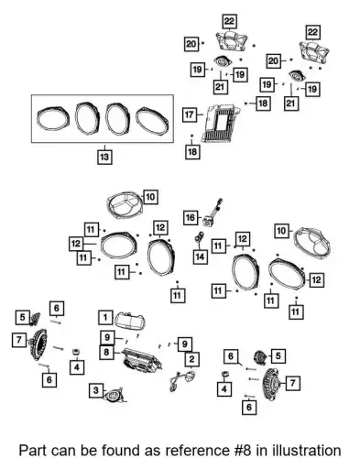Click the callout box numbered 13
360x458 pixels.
(x=104, y=157)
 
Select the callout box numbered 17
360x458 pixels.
(x=190, y=114)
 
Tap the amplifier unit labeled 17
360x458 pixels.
(x=219, y=123)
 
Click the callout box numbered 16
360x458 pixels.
(x=191, y=218)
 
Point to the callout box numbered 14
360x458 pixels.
(x=200, y=256)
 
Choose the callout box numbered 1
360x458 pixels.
(x=105, y=317)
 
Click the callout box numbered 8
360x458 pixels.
(x=106, y=352)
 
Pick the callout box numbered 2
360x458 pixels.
(x=191, y=359)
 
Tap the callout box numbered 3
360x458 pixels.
(x=96, y=390)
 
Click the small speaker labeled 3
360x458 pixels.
(x=115, y=395)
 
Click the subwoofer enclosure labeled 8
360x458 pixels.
(x=142, y=360)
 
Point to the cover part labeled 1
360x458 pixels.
(x=130, y=320)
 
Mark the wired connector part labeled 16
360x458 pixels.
(x=213, y=213)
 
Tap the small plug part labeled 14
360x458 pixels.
(x=200, y=237)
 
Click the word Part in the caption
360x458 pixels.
(x=33, y=451)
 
